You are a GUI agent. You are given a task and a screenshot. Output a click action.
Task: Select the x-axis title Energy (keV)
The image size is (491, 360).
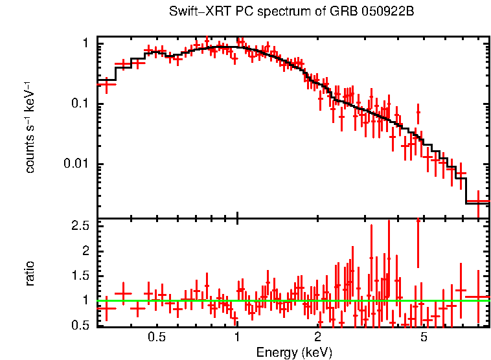[294, 352]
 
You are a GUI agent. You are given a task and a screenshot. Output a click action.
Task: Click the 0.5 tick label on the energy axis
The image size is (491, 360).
[157, 337]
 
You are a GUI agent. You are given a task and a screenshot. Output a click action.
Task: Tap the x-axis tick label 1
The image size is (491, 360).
[237, 337]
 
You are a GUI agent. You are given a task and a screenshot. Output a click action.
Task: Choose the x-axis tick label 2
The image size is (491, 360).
[317, 337]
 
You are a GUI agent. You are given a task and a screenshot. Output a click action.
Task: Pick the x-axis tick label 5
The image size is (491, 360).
[424, 337]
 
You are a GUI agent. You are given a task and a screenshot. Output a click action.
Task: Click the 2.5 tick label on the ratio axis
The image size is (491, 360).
[80, 226]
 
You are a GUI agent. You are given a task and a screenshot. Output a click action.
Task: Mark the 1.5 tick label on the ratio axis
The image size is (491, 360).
[80, 276]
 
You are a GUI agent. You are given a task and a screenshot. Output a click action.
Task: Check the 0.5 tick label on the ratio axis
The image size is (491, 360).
[80, 325]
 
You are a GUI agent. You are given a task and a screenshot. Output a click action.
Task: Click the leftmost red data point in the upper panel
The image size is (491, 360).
[106, 84]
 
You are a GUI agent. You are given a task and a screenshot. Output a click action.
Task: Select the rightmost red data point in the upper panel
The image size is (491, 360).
[478, 201]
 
